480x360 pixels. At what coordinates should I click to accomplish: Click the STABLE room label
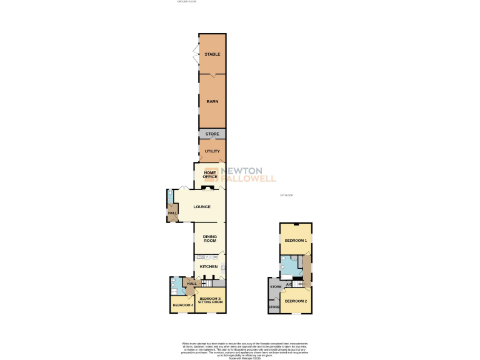click(212, 54)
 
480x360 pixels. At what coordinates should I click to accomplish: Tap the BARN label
click(212, 101)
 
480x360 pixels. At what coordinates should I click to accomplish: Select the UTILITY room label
click(212, 151)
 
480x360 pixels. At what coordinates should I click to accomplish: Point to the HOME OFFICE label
click(209, 174)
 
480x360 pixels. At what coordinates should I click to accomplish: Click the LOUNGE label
click(201, 207)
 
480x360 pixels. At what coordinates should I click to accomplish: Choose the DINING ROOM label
click(209, 238)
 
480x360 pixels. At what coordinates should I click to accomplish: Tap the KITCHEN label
click(209, 267)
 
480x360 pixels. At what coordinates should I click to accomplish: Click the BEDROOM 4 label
click(181, 305)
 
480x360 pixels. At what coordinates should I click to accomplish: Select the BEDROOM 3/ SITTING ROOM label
click(210, 301)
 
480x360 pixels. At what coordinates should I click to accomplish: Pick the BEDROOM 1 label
click(296, 241)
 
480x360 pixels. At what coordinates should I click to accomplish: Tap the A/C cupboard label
click(289, 285)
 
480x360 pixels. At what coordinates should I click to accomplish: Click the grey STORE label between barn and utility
click(212, 134)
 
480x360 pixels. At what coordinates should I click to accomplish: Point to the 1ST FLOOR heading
click(286, 196)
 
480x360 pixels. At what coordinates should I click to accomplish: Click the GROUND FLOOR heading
click(186, 2)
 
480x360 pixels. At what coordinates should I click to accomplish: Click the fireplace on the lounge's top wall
click(211, 187)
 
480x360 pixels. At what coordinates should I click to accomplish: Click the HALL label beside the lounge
click(172, 213)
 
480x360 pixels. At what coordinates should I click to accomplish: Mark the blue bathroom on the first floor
click(291, 267)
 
